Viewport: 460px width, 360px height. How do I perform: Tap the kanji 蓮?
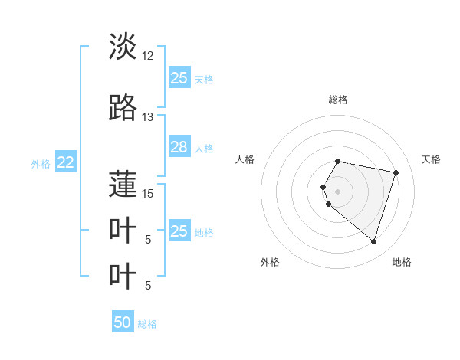123,184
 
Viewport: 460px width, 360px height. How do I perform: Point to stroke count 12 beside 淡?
147,56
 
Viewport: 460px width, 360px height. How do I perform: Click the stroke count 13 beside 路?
147,117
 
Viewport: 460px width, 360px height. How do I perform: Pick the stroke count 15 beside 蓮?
147,193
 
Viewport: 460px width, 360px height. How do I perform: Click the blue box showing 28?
179,147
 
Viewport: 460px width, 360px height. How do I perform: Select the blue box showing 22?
66,162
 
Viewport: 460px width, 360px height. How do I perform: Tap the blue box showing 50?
123,322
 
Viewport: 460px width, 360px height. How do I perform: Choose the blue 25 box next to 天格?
179,77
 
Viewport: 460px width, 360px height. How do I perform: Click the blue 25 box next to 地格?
179,231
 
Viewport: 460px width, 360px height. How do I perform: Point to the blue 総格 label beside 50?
147,324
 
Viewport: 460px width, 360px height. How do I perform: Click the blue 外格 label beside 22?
41,163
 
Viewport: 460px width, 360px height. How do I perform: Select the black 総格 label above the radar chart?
337,100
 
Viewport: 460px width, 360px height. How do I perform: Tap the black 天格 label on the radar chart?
431,159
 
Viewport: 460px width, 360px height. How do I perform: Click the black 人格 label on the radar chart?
245,159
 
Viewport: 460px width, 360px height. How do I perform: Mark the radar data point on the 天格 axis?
396,172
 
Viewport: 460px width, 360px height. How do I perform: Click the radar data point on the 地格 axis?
373,241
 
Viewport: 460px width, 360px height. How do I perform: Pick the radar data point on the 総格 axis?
337,161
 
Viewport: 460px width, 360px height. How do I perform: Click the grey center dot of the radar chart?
337,191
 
